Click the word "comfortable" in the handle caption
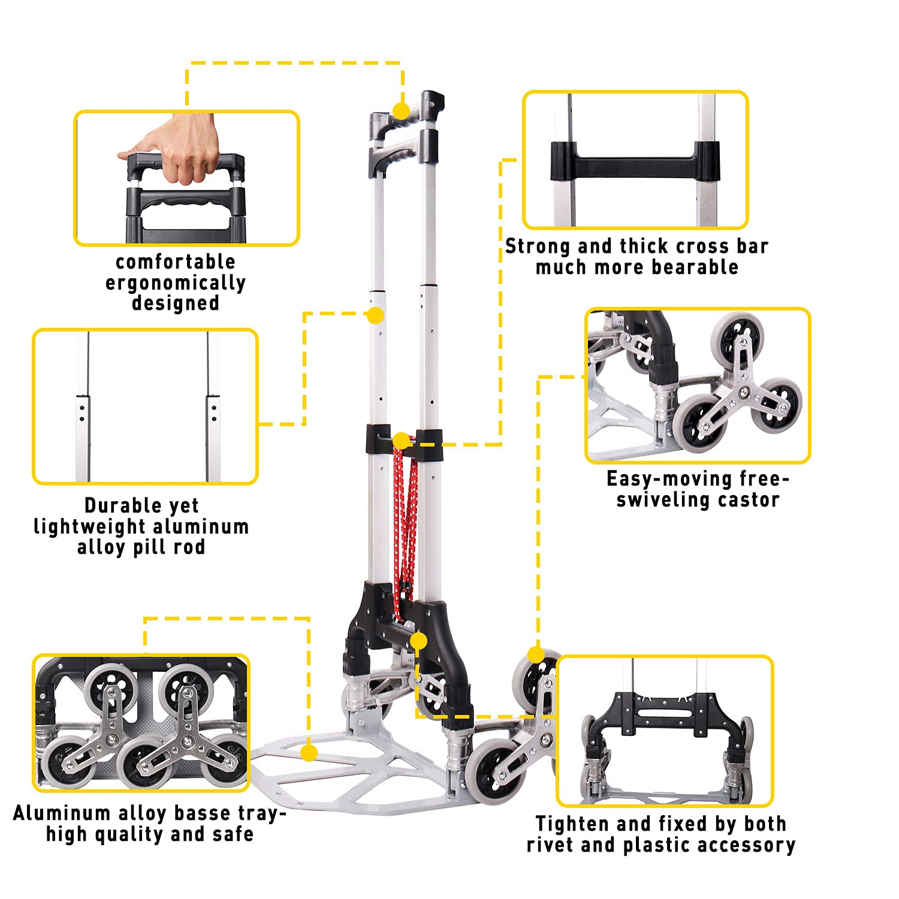[176, 262]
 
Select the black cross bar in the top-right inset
[635, 161]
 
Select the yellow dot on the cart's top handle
[402, 111]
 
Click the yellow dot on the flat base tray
[309, 753]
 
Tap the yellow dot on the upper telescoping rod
[376, 315]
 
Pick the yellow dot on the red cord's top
[402, 442]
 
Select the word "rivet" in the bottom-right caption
[550, 845]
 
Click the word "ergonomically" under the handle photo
[176, 283]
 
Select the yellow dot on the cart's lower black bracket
[418, 641]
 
